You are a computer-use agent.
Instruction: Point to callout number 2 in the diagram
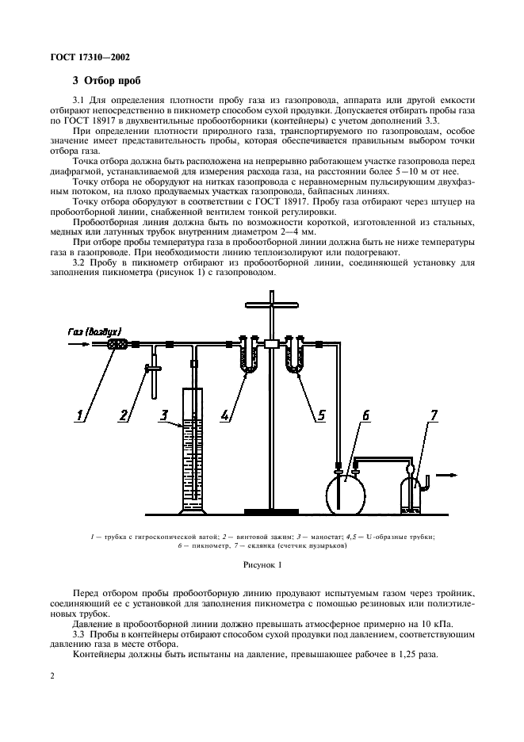tap(124, 413)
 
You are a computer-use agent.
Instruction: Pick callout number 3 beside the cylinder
tap(163, 413)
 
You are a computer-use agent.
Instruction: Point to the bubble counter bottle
tap(411, 493)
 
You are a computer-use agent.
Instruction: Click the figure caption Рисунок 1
tap(262, 566)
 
